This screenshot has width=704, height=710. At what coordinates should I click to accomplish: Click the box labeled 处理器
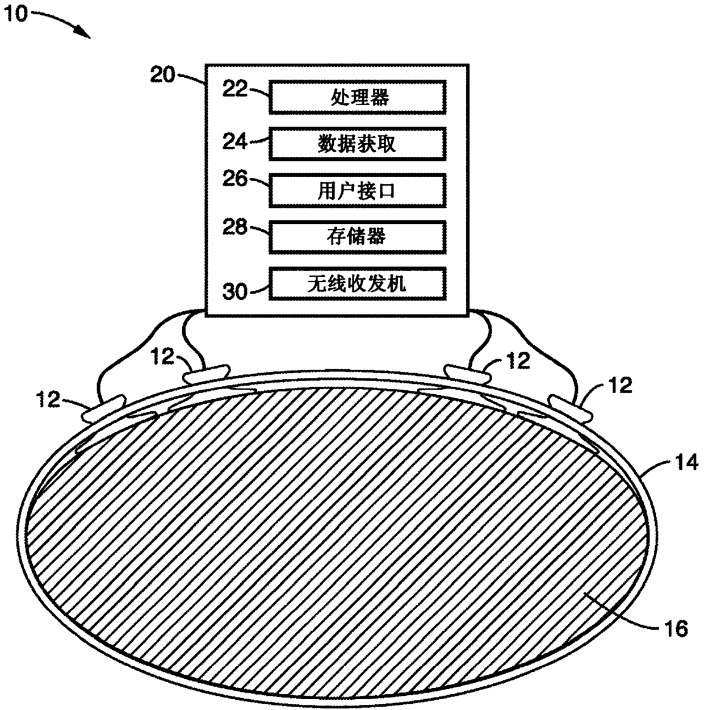(x=357, y=97)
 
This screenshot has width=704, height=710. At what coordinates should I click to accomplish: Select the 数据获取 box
(x=357, y=144)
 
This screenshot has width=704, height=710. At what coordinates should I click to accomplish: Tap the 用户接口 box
(x=357, y=191)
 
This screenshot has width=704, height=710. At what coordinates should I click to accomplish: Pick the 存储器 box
(x=357, y=237)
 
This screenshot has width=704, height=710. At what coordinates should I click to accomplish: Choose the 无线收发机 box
(x=357, y=283)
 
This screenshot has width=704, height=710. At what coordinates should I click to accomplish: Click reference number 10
(x=16, y=14)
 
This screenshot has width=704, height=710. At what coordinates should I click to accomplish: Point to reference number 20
(x=162, y=75)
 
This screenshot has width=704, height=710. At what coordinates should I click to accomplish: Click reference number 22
(x=234, y=89)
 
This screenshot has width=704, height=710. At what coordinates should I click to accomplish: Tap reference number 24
(x=234, y=141)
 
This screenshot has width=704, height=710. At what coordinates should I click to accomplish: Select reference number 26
(x=234, y=179)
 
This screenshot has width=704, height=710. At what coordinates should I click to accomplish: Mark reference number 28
(x=234, y=227)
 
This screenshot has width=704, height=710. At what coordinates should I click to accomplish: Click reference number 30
(x=234, y=291)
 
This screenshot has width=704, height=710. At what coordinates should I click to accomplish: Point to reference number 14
(x=686, y=462)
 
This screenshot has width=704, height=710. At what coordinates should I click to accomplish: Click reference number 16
(x=676, y=629)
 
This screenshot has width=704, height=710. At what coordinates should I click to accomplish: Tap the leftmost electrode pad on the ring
(x=103, y=408)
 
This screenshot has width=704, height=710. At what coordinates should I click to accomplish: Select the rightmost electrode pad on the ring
(x=571, y=408)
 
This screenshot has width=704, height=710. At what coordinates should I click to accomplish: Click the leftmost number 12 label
(x=48, y=399)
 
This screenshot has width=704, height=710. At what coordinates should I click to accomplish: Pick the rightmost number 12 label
(x=621, y=385)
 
